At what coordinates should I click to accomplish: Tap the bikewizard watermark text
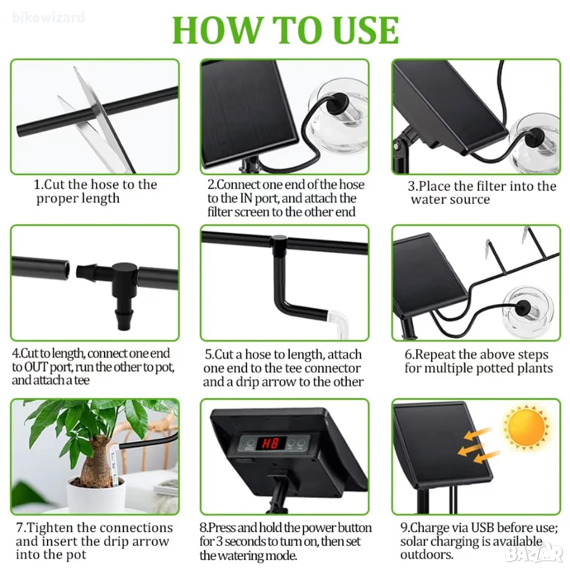click(48, 17)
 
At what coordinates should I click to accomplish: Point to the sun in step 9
click(526, 428)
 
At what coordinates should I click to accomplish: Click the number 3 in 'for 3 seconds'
click(220, 541)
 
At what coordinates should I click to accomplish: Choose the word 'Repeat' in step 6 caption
click(435, 355)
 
